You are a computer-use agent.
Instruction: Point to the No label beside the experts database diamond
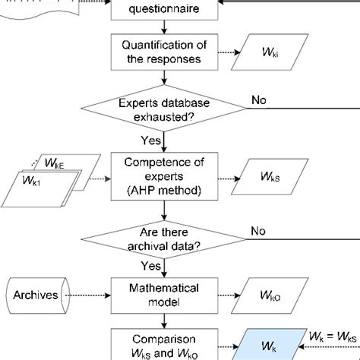click(x=259, y=100)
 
